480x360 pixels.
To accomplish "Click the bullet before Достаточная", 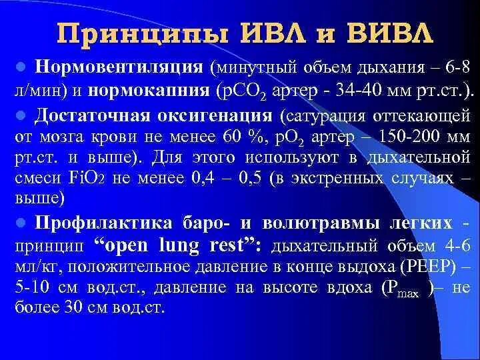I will click(x=21, y=115).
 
